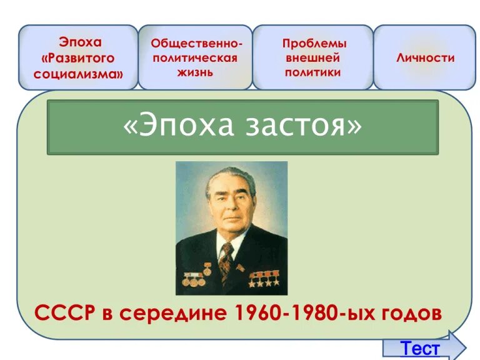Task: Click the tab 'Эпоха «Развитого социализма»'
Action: coord(78,57)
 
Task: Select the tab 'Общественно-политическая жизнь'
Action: coord(195,57)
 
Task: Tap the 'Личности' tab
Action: coord(425,57)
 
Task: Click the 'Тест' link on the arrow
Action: coord(420,347)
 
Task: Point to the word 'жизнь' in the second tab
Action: coord(194,72)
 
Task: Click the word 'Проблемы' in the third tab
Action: coord(314,44)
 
